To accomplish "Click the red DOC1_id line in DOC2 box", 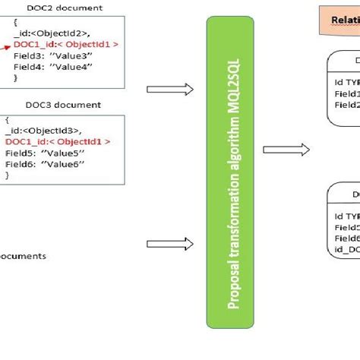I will tap(65, 45).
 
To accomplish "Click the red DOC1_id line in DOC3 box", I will tap(58, 141).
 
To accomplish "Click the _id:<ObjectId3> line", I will tap(49, 131).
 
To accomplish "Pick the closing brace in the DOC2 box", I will tap(15, 77).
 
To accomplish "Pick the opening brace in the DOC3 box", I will tap(8, 120).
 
